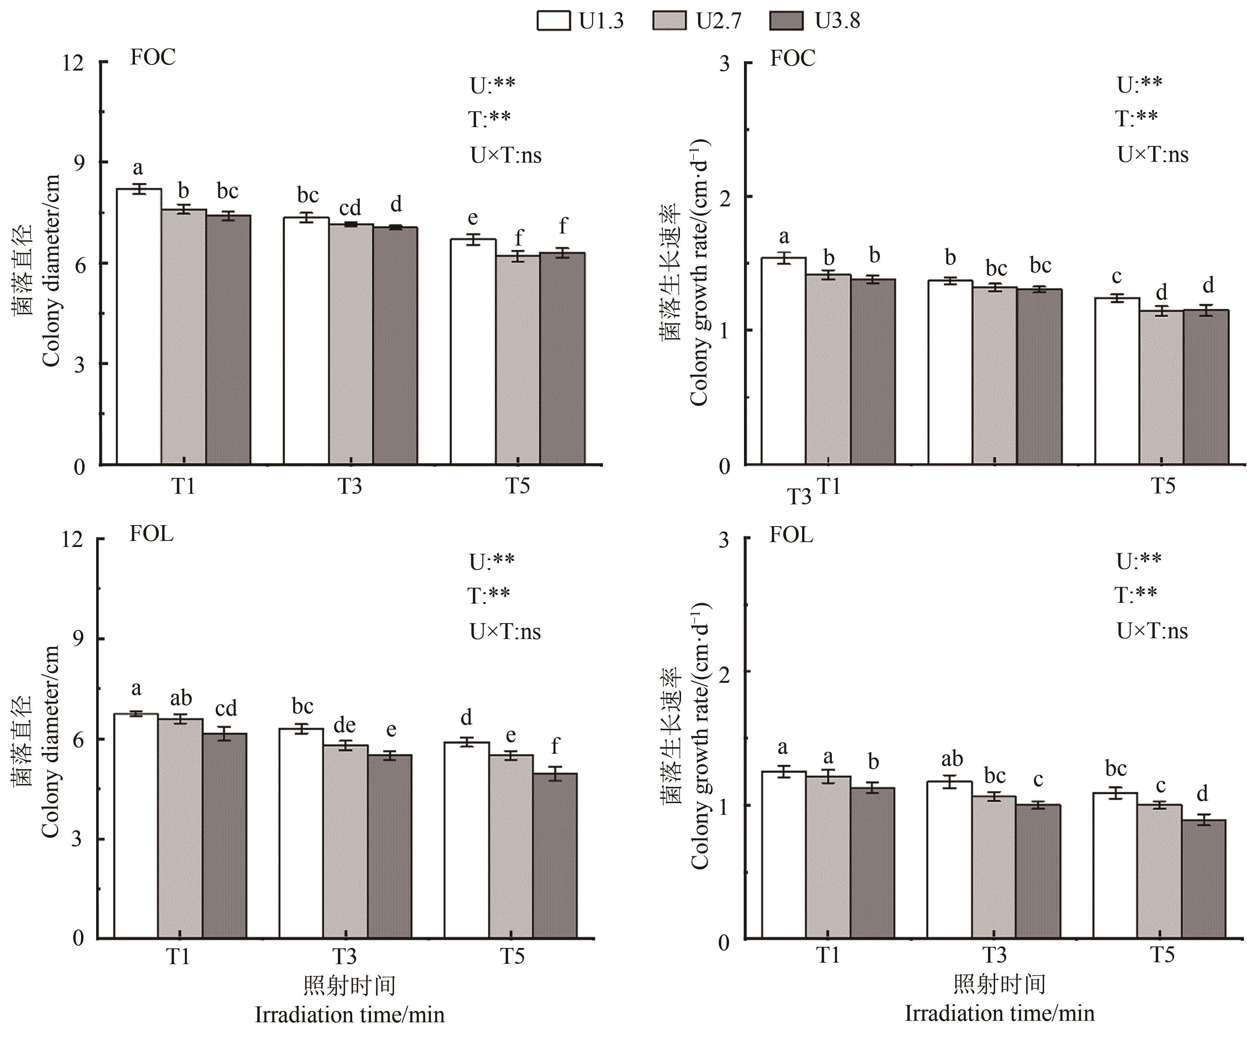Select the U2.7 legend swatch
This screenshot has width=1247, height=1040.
click(x=669, y=21)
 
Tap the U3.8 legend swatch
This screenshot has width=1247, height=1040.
click(x=786, y=21)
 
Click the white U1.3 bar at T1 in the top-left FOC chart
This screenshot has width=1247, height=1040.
click(x=139, y=327)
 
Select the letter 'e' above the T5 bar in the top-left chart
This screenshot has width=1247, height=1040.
click(x=473, y=218)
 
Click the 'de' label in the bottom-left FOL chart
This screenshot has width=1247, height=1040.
click(x=344, y=725)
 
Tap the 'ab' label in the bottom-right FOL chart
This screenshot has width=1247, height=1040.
click(x=952, y=759)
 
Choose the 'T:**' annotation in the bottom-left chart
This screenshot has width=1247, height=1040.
click(x=489, y=595)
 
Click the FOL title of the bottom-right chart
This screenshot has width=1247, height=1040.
click(x=791, y=535)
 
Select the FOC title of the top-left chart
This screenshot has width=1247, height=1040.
click(x=153, y=58)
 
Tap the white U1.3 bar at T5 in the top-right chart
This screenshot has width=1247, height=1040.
click(x=1117, y=381)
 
